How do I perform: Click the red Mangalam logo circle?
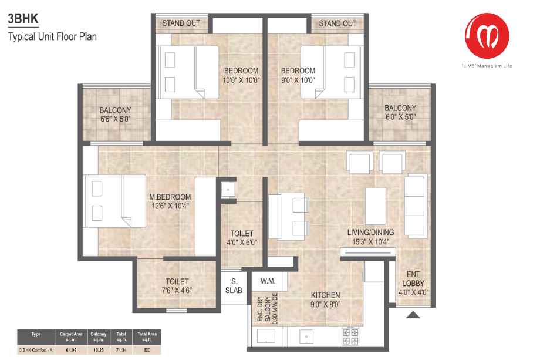point(487,35)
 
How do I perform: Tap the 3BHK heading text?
point(23,19)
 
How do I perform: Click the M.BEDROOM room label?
point(170,197)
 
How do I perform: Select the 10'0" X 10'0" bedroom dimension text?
point(241,80)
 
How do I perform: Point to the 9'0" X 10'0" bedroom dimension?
point(298,80)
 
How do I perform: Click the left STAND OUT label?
point(181,23)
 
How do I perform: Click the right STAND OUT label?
point(338,23)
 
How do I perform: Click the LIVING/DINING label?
point(370,233)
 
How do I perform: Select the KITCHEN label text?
point(325,295)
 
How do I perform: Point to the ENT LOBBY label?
point(413,279)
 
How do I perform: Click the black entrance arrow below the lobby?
point(413,315)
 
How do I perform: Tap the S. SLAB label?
point(234,286)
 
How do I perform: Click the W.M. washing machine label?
point(268,281)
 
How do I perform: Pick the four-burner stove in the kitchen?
point(350,337)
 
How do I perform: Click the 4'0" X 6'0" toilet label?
point(242,238)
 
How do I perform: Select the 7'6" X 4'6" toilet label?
point(177,286)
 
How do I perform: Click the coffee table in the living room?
point(376,206)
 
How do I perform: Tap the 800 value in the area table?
point(147,350)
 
